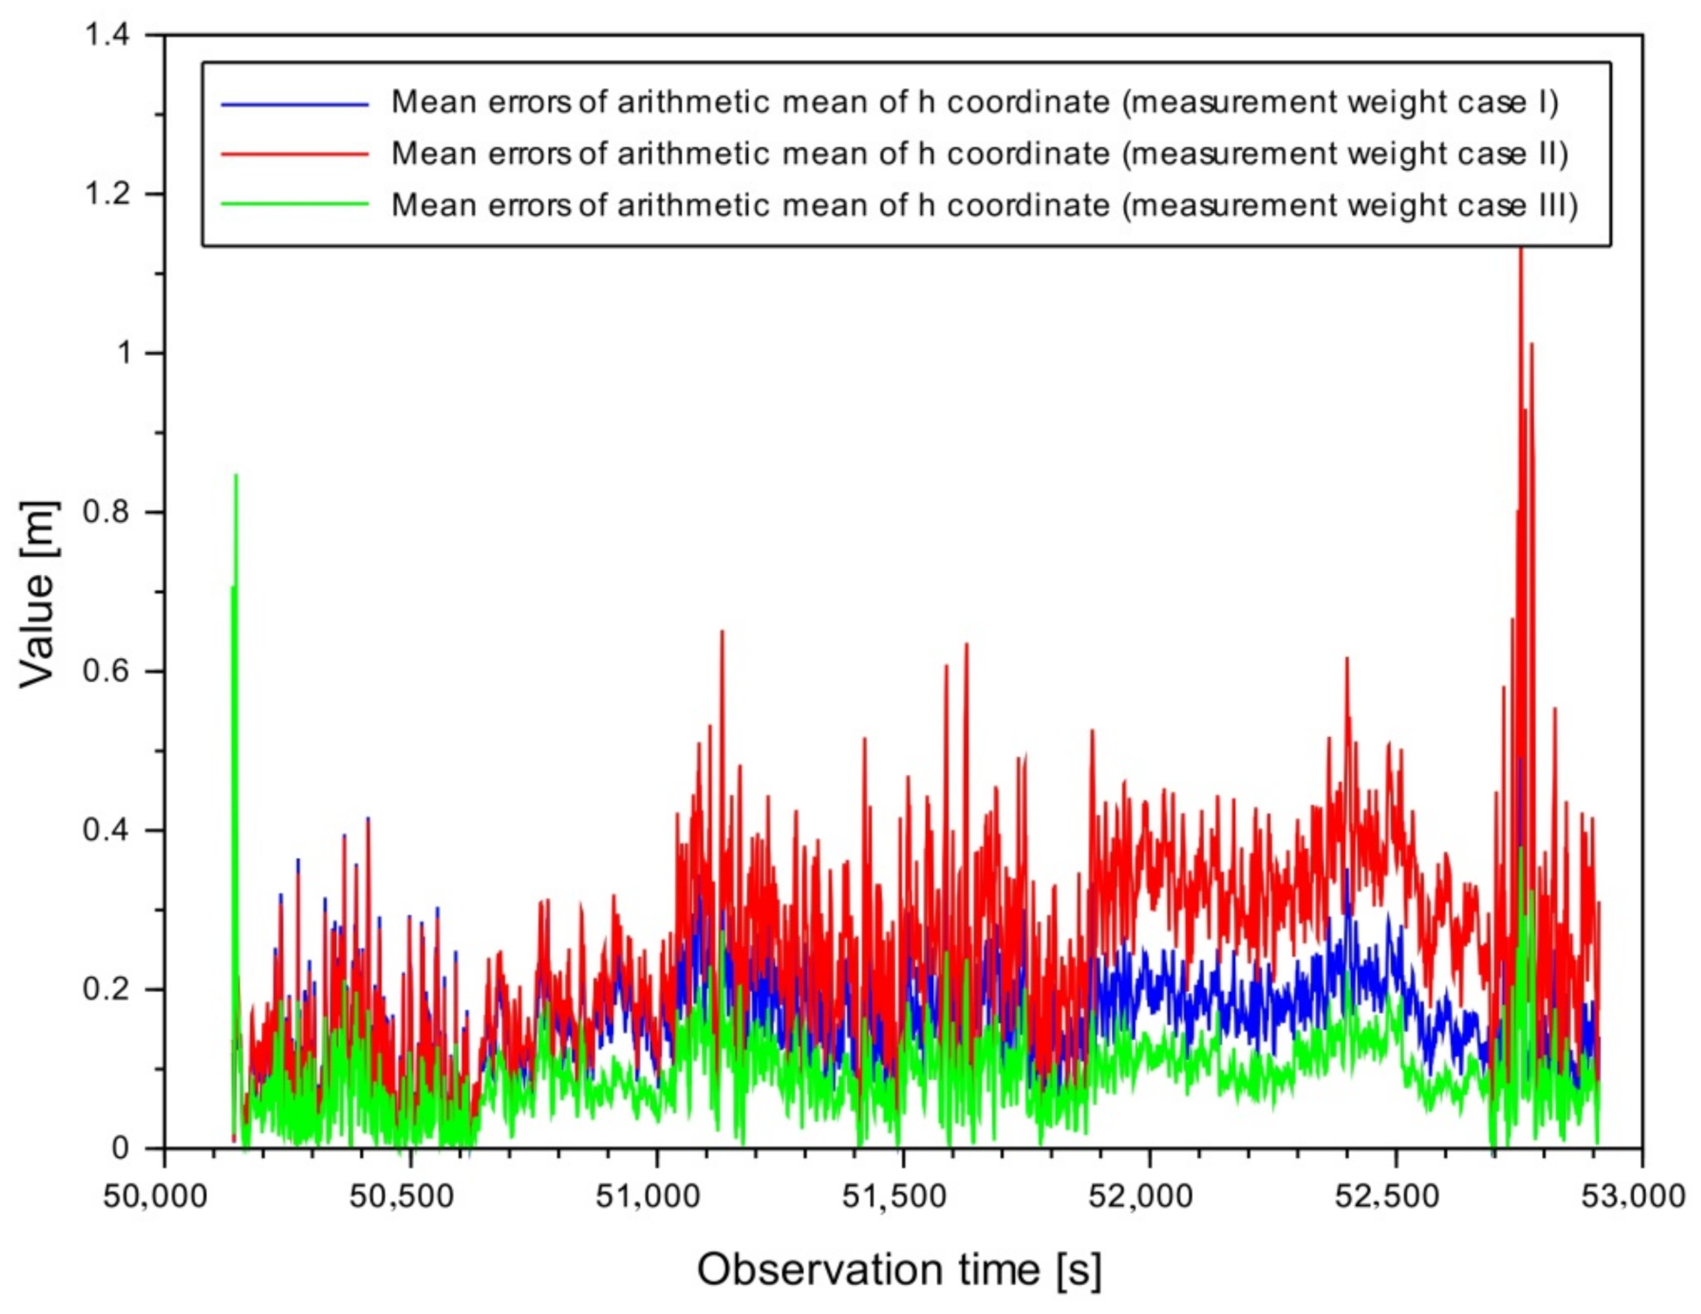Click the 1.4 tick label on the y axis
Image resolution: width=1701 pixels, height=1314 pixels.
coord(106,35)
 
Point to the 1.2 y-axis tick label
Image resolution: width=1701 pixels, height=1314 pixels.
coord(106,194)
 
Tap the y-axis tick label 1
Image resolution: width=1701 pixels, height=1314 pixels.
coord(124,353)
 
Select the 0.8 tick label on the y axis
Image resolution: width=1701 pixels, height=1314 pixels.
coord(106,512)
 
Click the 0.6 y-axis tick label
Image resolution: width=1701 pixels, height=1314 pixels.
coord(106,672)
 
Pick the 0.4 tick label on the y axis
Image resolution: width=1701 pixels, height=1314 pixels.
coord(106,831)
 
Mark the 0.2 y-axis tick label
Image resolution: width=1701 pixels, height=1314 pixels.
coord(106,989)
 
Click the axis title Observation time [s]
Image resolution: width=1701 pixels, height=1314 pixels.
coord(899,1270)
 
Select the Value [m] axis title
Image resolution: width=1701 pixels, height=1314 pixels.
coord(38,594)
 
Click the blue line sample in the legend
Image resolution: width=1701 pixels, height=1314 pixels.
coord(294,104)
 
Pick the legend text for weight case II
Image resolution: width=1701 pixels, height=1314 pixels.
coord(979,154)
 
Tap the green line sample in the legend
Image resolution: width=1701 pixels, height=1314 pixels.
coord(294,205)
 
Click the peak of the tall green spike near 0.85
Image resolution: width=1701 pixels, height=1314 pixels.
coord(236,476)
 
